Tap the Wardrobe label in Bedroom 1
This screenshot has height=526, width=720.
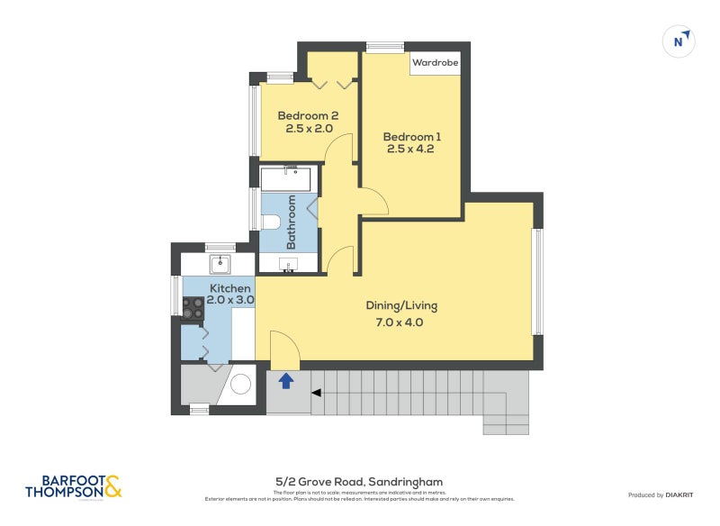click(436, 63)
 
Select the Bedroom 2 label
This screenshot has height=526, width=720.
click(307, 115)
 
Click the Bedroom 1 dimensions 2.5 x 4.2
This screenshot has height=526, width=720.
click(411, 150)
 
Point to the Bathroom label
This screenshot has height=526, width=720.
click(292, 222)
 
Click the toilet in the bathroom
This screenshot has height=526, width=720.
click(272, 222)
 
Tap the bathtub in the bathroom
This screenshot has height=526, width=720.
click(286, 178)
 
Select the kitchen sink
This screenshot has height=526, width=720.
click(220, 264)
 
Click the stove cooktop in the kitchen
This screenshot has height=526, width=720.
click(193, 309)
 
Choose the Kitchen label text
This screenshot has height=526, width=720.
click(230, 288)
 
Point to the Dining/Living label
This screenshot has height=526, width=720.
click(401, 305)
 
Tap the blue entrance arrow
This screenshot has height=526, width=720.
click(286, 381)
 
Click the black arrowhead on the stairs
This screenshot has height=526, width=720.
click(316, 392)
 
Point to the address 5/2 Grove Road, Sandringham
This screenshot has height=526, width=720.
click(359, 482)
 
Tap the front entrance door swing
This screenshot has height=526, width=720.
click(282, 351)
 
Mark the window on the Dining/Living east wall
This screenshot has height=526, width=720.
click(537, 281)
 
